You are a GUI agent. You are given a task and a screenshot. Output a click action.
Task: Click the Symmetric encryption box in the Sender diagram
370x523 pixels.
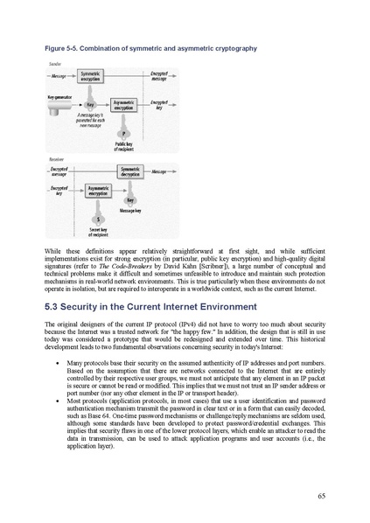90,78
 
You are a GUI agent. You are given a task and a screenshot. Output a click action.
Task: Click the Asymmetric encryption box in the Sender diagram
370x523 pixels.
129,104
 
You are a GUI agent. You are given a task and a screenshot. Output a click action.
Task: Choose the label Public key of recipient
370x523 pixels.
123,146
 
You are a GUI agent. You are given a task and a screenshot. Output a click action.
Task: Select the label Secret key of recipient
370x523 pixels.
98,232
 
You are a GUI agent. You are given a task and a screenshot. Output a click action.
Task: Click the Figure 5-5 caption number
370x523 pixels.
58,49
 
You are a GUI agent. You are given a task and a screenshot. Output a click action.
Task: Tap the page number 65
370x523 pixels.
322,496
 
